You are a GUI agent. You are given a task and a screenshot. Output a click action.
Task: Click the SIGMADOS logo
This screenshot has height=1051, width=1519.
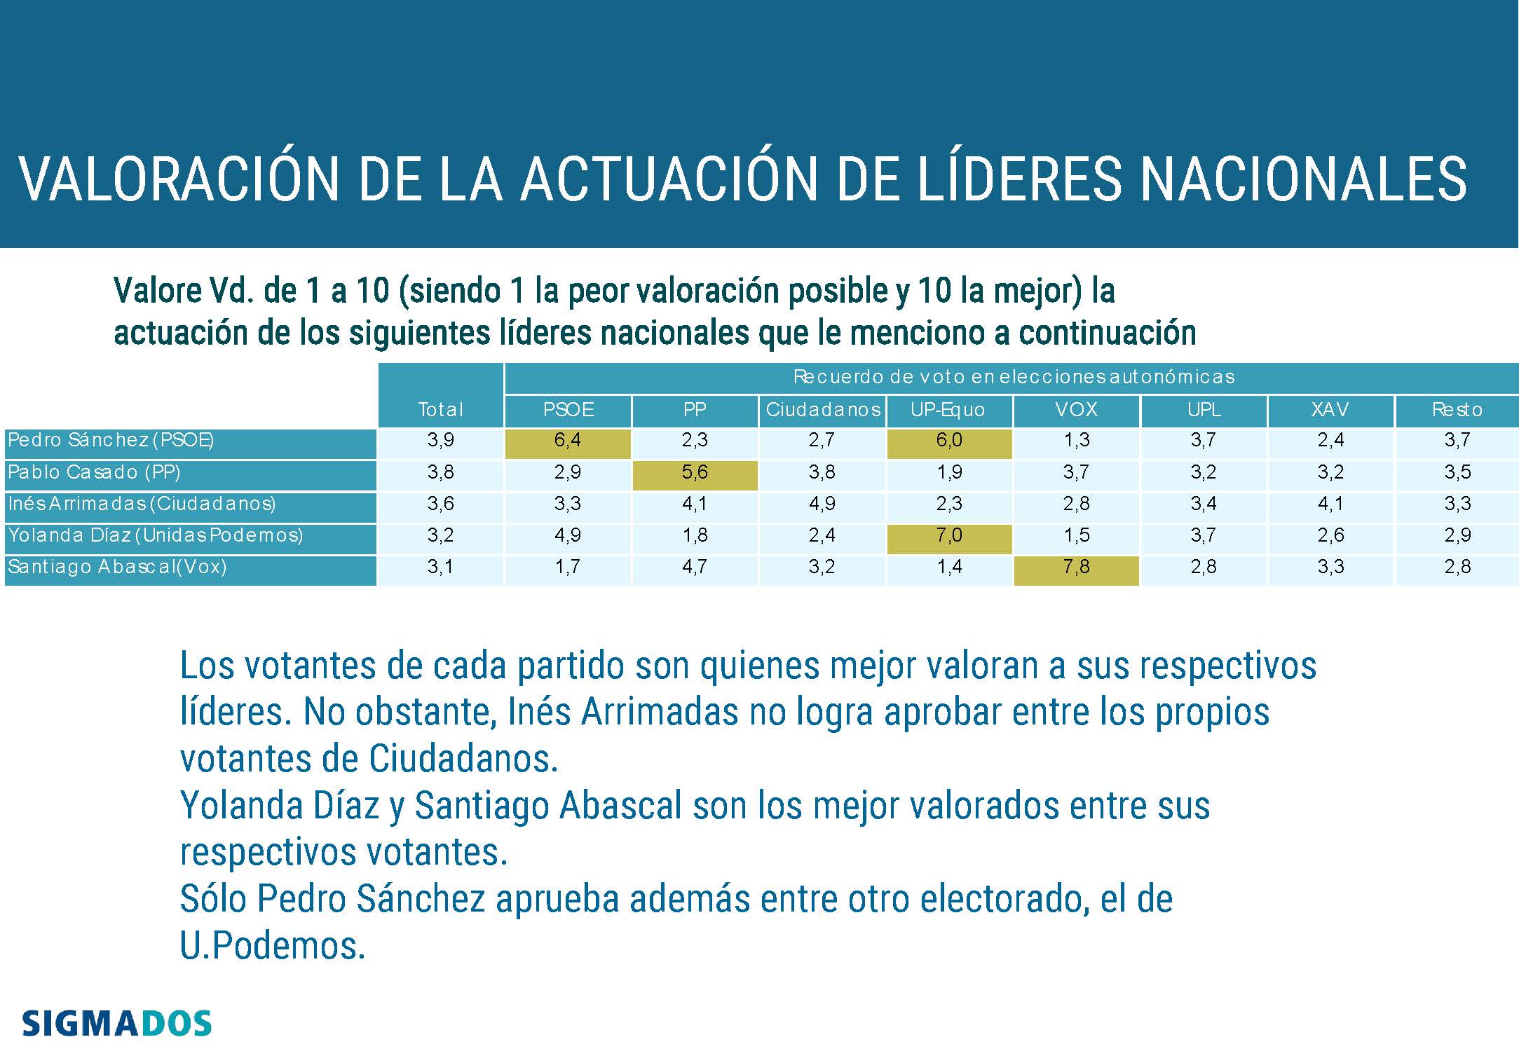[116, 1024]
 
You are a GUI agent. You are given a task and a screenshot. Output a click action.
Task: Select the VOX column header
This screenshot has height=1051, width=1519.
[1076, 410]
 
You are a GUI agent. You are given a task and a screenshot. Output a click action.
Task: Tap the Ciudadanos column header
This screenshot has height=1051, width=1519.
[822, 410]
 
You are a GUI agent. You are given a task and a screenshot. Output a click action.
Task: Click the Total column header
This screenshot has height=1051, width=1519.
[440, 410]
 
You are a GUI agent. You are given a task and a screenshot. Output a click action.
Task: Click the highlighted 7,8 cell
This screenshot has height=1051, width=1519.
[1076, 568]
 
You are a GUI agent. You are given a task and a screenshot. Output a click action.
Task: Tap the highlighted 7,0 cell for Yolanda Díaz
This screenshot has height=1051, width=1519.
[949, 536]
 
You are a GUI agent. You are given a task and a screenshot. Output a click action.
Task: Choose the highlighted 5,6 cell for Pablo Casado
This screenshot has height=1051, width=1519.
[695, 473]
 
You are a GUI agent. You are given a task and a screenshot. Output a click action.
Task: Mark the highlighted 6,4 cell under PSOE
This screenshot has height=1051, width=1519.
[568, 441]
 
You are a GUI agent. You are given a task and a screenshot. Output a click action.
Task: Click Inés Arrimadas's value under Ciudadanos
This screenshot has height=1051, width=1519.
[822, 504]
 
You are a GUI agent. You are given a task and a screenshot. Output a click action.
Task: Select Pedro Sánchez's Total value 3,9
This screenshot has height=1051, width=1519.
[440, 441]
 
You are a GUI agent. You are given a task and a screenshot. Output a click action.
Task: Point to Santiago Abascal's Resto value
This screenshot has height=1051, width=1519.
[1457, 568]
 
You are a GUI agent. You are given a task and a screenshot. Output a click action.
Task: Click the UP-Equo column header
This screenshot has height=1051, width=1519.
[948, 410]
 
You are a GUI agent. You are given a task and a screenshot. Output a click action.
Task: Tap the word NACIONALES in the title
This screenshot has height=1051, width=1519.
[1303, 179]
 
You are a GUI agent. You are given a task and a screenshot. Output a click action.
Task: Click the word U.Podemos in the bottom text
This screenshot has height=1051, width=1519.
[273, 946]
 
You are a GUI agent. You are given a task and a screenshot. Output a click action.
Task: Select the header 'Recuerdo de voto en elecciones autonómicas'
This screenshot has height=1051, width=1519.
[1013, 377]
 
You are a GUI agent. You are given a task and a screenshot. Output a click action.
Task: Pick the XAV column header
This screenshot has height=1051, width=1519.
[1330, 410]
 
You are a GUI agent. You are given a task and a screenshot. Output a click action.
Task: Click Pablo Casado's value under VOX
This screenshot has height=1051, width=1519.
[1076, 473]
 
